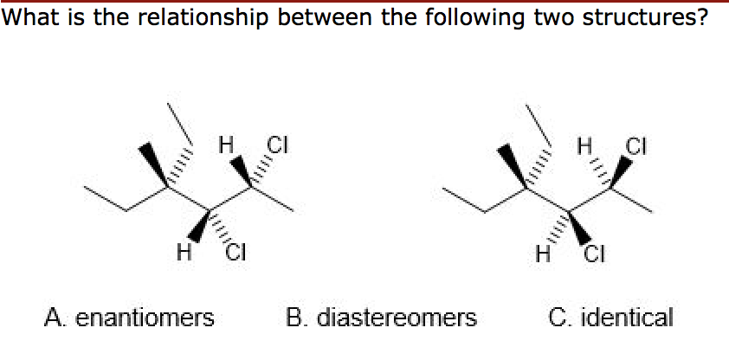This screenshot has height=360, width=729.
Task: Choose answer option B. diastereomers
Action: coord(381,318)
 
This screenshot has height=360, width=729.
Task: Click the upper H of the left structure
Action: coord(228,143)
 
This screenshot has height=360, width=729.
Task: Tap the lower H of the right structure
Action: coord(543,254)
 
